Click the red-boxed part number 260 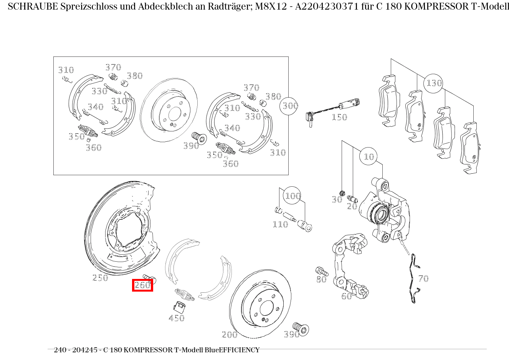pyautogui.click(x=142, y=285)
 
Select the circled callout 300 pyautogui.click(x=289, y=106)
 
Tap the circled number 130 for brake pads pyautogui.click(x=433, y=83)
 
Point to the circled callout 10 pyautogui.click(x=369, y=156)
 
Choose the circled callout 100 pyautogui.click(x=293, y=195)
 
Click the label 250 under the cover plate pyautogui.click(x=100, y=278)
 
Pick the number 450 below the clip pyautogui.click(x=177, y=318)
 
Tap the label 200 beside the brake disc pyautogui.click(x=230, y=335)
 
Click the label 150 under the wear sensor pyautogui.click(x=339, y=117)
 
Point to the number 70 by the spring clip pyautogui.click(x=423, y=279)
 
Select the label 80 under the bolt pyautogui.click(x=321, y=279)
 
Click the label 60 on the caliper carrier pyautogui.click(x=347, y=296)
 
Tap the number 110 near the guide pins pyautogui.click(x=280, y=224)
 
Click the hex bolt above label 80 pyautogui.click(x=322, y=271)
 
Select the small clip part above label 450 pyautogui.click(x=179, y=307)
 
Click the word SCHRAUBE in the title pyautogui.click(x=33, y=7)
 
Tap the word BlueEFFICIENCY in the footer pyautogui.click(x=232, y=350)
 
